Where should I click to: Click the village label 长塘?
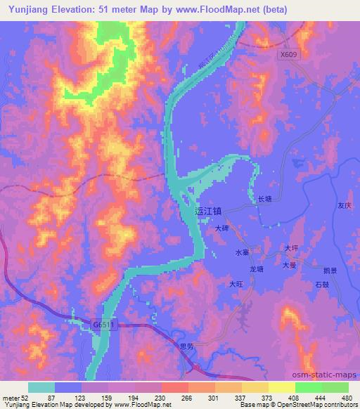coord(264,200)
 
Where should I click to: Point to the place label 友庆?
coord(344,207)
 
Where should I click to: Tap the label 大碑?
coord(222,228)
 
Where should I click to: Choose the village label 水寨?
coord(242,252)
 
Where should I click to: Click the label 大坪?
coord(292,248)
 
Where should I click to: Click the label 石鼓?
coord(322,285)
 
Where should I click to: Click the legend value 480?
coord(347,398)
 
